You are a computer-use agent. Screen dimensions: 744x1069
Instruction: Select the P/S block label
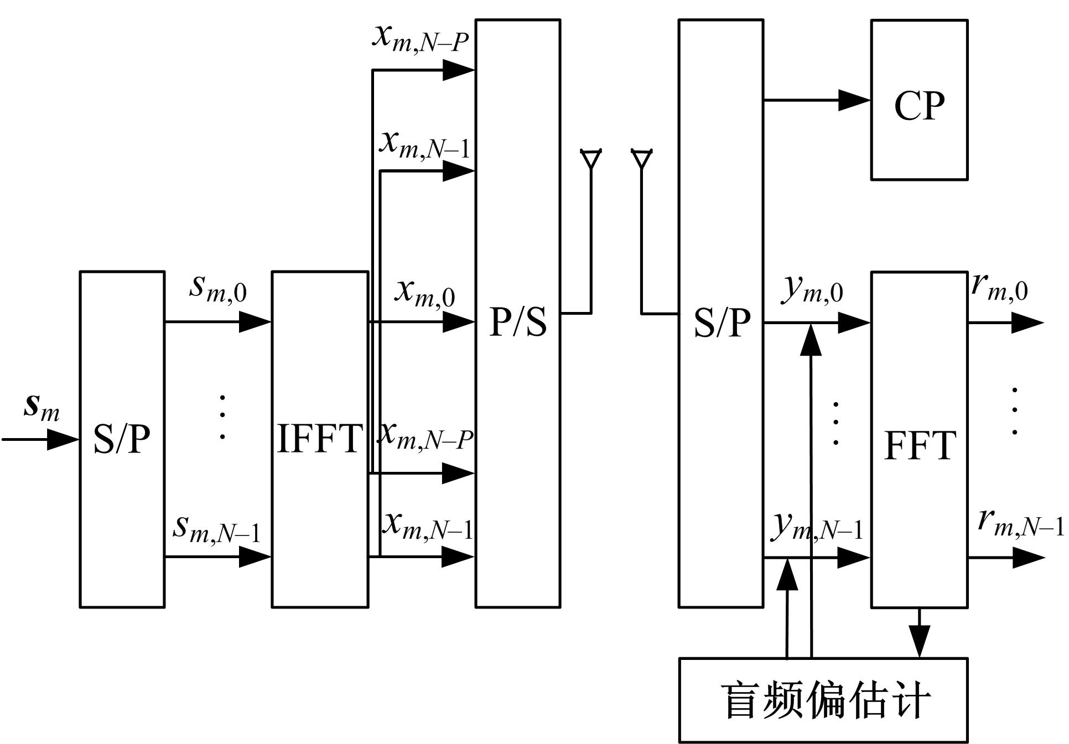click(518, 322)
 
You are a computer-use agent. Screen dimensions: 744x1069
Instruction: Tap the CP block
click(919, 101)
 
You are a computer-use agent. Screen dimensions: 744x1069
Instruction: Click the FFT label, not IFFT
click(920, 445)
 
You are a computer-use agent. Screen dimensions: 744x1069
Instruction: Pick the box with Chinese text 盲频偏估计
click(823, 700)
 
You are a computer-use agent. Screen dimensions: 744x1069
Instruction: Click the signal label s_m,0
click(218, 289)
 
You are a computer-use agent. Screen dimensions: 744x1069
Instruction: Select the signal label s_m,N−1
click(216, 528)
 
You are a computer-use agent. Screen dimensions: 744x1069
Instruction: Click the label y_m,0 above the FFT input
click(812, 290)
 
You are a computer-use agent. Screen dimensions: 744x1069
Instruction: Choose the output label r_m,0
click(999, 288)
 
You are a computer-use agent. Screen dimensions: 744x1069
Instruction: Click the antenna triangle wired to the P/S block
click(590, 159)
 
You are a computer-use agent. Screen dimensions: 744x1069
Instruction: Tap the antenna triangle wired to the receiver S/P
click(641, 159)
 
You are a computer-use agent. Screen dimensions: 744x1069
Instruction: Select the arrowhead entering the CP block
click(854, 100)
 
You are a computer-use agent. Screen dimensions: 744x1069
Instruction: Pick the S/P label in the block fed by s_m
click(122, 440)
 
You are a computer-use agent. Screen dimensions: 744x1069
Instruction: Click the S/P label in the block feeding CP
click(722, 322)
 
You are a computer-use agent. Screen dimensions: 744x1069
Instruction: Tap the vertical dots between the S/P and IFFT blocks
click(222, 417)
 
